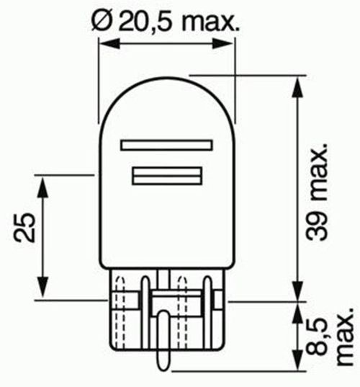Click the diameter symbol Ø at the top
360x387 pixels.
[102, 22]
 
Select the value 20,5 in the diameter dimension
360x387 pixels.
[143, 22]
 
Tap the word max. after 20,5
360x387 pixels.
[208, 22]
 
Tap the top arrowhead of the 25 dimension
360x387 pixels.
[42, 183]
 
